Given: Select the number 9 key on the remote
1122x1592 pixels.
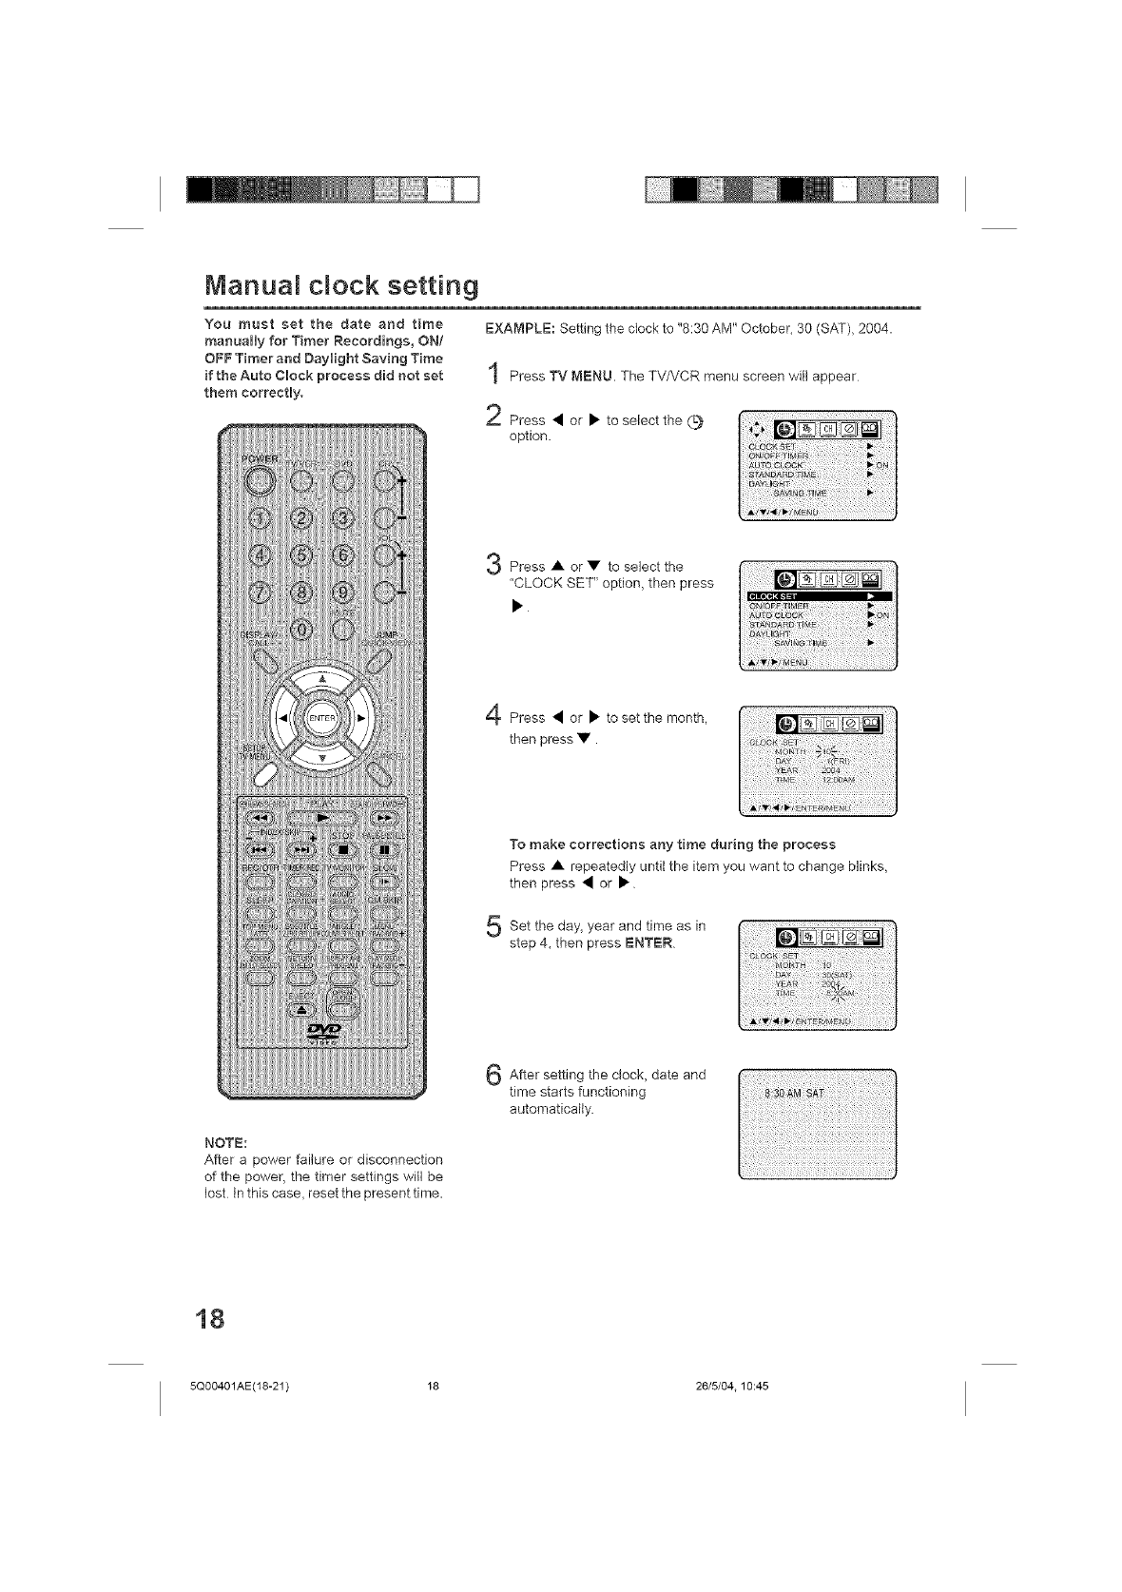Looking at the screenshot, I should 346,598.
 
